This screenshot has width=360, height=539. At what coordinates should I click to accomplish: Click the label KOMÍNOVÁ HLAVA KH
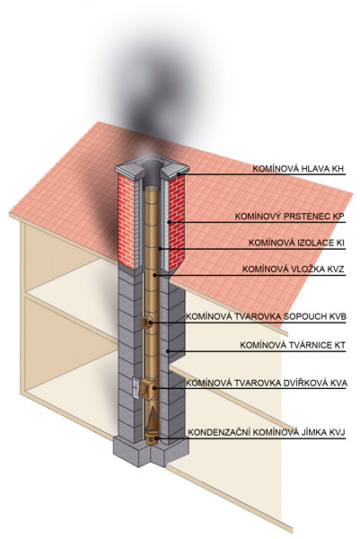pos(298,169)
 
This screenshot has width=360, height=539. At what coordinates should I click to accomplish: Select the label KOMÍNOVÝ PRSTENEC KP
pos(289,216)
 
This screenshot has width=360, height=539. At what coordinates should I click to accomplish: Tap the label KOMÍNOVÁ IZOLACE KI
pos(296,243)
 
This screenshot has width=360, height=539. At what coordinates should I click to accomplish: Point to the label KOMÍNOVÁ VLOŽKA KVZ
pos(294,269)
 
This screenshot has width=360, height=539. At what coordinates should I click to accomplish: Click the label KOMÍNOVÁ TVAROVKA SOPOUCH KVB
pos(266,316)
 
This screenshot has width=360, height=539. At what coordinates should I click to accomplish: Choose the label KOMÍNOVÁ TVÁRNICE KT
pos(293,345)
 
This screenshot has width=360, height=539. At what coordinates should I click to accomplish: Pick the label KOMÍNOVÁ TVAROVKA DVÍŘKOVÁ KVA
pos(267,383)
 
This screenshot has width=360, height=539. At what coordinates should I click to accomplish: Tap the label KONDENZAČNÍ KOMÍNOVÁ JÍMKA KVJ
pos(267,433)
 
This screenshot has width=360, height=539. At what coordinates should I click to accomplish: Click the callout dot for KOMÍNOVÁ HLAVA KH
pos(179,174)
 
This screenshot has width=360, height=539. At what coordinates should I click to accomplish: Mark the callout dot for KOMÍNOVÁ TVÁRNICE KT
pos(167,351)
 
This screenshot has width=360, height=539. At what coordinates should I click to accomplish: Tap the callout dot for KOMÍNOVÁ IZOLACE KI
pos(161,248)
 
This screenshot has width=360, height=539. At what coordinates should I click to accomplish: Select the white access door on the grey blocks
pos(135,388)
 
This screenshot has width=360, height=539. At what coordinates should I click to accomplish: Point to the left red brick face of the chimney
pos(126,220)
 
